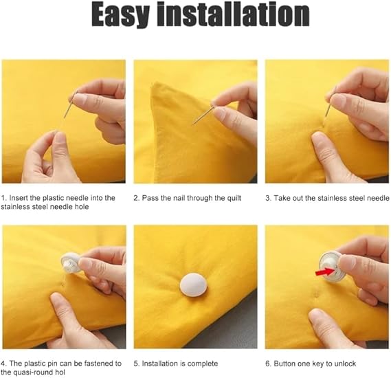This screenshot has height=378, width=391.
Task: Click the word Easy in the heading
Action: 120,15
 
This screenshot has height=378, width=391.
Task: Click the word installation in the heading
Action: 233,14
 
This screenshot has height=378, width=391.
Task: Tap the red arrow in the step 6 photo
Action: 324,271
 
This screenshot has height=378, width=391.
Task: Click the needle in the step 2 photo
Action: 202,115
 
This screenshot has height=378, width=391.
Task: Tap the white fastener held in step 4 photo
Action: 71,263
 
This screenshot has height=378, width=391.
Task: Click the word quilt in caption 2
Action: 234,198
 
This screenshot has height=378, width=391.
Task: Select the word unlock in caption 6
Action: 345,364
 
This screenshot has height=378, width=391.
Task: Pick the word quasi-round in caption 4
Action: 30,373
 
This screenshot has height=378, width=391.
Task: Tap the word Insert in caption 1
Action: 18,198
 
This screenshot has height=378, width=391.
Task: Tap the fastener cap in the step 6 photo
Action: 331,266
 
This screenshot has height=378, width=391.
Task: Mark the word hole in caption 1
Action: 81,207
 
